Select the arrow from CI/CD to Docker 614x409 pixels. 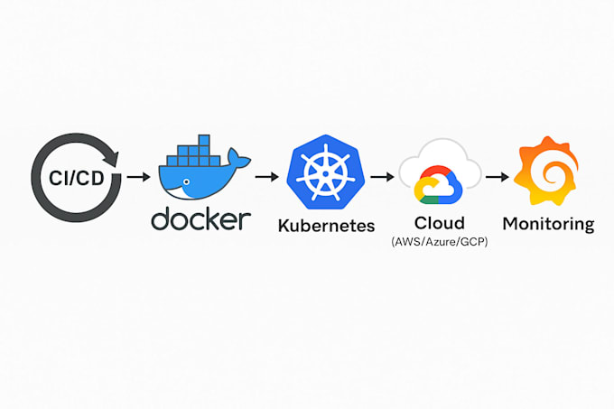(x=138, y=175)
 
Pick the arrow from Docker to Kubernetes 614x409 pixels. (x=267, y=175)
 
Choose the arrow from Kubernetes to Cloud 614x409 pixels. (x=384, y=175)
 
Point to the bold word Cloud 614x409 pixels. (x=440, y=222)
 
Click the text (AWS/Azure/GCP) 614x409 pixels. (x=440, y=242)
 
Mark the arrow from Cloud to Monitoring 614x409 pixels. (x=495, y=175)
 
